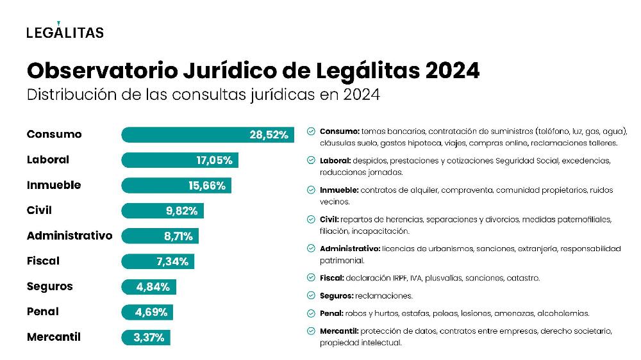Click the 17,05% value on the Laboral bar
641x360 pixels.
[x=214, y=160]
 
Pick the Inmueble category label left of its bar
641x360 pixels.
[x=54, y=185]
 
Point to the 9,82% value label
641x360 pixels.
[x=181, y=211]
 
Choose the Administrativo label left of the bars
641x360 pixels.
[x=69, y=236]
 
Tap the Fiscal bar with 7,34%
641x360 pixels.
[x=158, y=261]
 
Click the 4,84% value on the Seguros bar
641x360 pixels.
[x=152, y=286]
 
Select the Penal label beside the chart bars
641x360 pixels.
[x=43, y=312]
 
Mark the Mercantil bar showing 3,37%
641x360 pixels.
[x=146, y=337]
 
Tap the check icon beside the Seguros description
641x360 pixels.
[x=311, y=296]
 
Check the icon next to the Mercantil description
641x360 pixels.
[x=311, y=331]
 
